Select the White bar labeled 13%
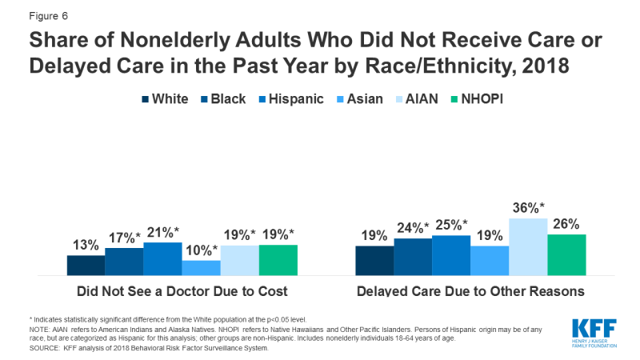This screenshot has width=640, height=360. click(x=86, y=266)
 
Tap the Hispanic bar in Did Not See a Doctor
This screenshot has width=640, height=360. click(x=162, y=259)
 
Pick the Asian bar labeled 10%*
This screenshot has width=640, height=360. click(x=201, y=268)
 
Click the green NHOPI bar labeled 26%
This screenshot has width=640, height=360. click(x=566, y=255)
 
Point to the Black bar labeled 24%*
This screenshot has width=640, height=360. click(x=413, y=257)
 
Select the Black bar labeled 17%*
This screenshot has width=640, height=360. click(x=124, y=262)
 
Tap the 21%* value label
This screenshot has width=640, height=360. click(x=162, y=233)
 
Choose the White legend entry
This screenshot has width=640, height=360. click(x=165, y=100)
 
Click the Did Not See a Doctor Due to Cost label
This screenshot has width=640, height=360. click(x=182, y=291)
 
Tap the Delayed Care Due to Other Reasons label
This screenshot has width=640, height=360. click(x=471, y=291)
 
